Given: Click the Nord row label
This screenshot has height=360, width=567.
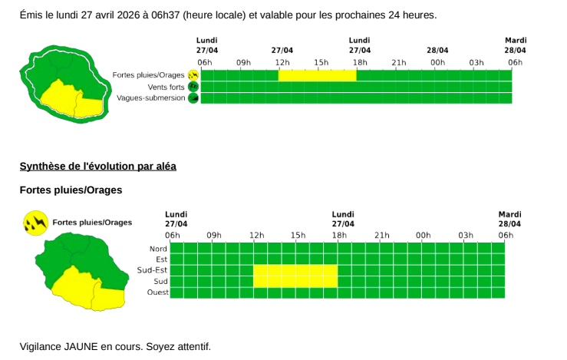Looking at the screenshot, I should point(157,248).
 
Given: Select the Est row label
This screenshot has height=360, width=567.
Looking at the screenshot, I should point(161,259).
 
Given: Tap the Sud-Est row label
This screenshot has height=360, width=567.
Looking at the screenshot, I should point(152,270).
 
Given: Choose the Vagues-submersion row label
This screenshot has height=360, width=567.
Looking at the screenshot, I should point(151,98).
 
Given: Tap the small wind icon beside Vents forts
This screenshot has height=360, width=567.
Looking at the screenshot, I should point(193,87).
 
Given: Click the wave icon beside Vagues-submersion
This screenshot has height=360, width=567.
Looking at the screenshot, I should point(193,98).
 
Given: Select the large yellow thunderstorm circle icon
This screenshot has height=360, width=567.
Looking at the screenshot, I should point(35,223).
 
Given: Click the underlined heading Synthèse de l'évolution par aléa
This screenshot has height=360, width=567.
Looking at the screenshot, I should point(98,166).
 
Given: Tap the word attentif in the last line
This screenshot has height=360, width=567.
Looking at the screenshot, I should point(192,346).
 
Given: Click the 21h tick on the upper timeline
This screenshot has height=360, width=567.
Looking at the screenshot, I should point(399,62).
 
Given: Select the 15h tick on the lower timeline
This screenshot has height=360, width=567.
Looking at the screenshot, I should point(298,235).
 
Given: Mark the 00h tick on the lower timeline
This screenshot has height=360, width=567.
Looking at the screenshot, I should point(423,235).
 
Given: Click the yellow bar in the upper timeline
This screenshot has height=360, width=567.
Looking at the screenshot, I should point(317,75).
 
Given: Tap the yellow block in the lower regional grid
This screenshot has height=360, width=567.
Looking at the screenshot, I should point(295,276).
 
